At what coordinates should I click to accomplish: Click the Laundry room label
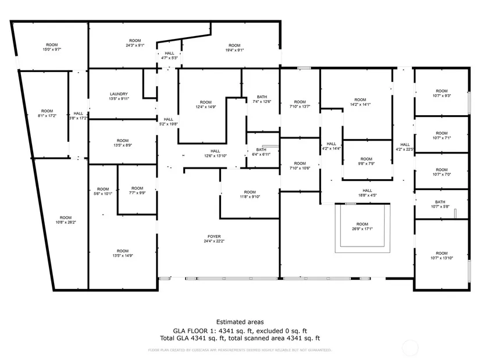click(x=118, y=97)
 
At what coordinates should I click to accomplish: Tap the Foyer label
click(x=214, y=238)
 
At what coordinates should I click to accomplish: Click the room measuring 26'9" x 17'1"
click(x=362, y=226)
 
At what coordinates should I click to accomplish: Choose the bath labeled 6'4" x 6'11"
click(x=261, y=152)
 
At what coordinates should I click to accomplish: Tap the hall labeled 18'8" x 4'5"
click(x=367, y=193)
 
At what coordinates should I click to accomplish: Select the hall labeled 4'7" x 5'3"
click(x=169, y=56)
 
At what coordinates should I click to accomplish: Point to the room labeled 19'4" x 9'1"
click(x=234, y=48)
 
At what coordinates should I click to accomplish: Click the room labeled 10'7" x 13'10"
click(x=442, y=256)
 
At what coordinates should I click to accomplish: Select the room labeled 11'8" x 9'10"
click(x=250, y=194)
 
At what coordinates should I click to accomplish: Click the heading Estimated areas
click(x=240, y=322)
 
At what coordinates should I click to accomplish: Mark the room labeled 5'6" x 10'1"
click(x=103, y=191)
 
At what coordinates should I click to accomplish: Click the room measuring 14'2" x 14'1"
click(x=360, y=102)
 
